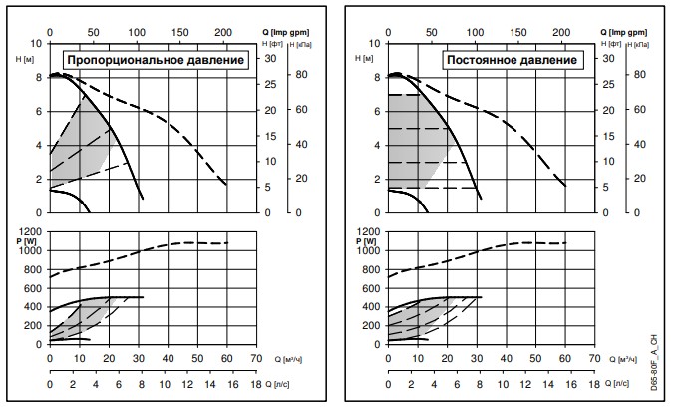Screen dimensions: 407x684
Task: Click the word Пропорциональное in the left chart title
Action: (124, 60)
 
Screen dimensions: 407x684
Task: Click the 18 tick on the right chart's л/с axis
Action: (596, 383)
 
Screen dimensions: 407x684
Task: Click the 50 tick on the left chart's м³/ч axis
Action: (197, 357)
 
